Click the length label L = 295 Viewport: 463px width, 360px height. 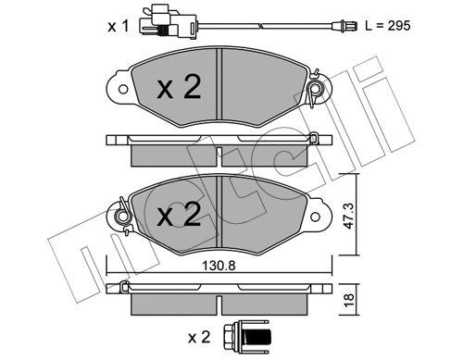point(388,26)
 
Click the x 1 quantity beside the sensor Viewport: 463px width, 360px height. point(118,26)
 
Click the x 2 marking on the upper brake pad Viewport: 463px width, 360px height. point(179,87)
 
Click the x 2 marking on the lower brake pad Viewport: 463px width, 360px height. point(179,214)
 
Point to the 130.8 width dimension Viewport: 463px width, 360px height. point(219,266)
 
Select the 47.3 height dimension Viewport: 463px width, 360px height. point(349,216)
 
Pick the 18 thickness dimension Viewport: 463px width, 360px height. point(349,300)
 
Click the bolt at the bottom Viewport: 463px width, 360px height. point(246,338)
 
